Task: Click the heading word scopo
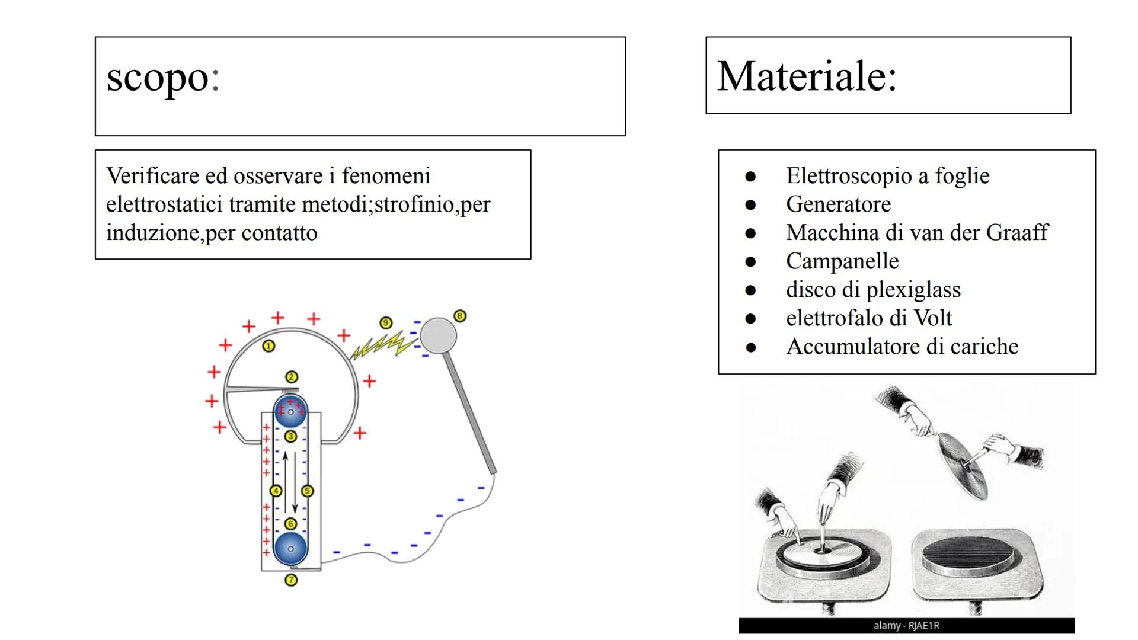pyautogui.click(x=163, y=78)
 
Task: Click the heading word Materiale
pyautogui.click(x=807, y=76)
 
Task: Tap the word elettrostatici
pyautogui.click(x=165, y=204)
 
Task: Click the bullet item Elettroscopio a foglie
pyautogui.click(x=887, y=176)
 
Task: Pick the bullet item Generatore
pyautogui.click(x=838, y=204)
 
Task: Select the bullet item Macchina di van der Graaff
pyautogui.click(x=916, y=233)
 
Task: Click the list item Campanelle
pyautogui.click(x=842, y=261)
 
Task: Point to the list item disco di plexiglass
pyautogui.click(x=873, y=290)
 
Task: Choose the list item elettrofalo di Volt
pyautogui.click(x=868, y=318)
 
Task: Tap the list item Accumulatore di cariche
pyautogui.click(x=902, y=347)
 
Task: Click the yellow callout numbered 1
pyautogui.click(x=268, y=346)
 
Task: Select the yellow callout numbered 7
pyautogui.click(x=291, y=580)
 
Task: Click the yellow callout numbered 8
pyautogui.click(x=460, y=316)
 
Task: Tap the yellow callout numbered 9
pyautogui.click(x=386, y=323)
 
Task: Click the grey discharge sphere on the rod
pyautogui.click(x=439, y=335)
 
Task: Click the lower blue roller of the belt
pyautogui.click(x=290, y=549)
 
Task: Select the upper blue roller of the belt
pyautogui.click(x=290, y=412)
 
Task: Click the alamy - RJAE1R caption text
pyautogui.click(x=906, y=626)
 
